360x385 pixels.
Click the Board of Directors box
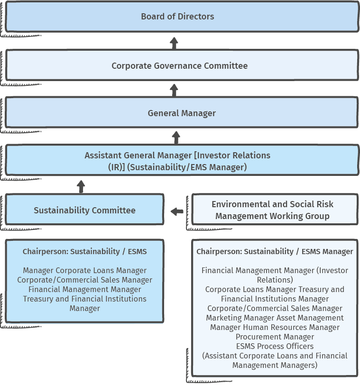pyautogui.click(x=182, y=17)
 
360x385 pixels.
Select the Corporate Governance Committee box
pyautogui.click(x=182, y=65)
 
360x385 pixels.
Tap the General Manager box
pyautogui.click(x=182, y=112)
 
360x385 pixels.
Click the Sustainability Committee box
pyautogui.click(x=84, y=210)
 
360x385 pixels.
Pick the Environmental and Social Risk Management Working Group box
pyautogui.click(x=275, y=210)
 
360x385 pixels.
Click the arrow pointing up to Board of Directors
pyautogui.click(x=174, y=43)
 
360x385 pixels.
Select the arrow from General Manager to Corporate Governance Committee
pyautogui.click(x=174, y=90)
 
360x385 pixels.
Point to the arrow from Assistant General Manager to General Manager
pyautogui.click(x=176, y=137)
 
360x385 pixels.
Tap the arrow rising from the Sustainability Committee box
pyautogui.click(x=81, y=187)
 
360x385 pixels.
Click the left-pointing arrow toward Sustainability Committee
pyautogui.click(x=177, y=211)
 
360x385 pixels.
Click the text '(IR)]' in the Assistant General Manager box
pyautogui.click(x=117, y=167)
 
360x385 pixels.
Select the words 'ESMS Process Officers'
pyautogui.click(x=275, y=346)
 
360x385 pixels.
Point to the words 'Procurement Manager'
pyautogui.click(x=275, y=337)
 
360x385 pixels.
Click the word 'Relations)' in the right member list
pyautogui.click(x=275, y=280)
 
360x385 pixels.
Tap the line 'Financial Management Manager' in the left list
pyautogui.click(x=85, y=290)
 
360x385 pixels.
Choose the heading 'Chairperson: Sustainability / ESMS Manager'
pyautogui.click(x=275, y=251)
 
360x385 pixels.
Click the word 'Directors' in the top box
pyautogui.click(x=196, y=17)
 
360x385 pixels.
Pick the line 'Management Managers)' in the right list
pyautogui.click(x=275, y=366)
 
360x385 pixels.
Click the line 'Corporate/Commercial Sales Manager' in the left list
pyautogui.click(x=85, y=280)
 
